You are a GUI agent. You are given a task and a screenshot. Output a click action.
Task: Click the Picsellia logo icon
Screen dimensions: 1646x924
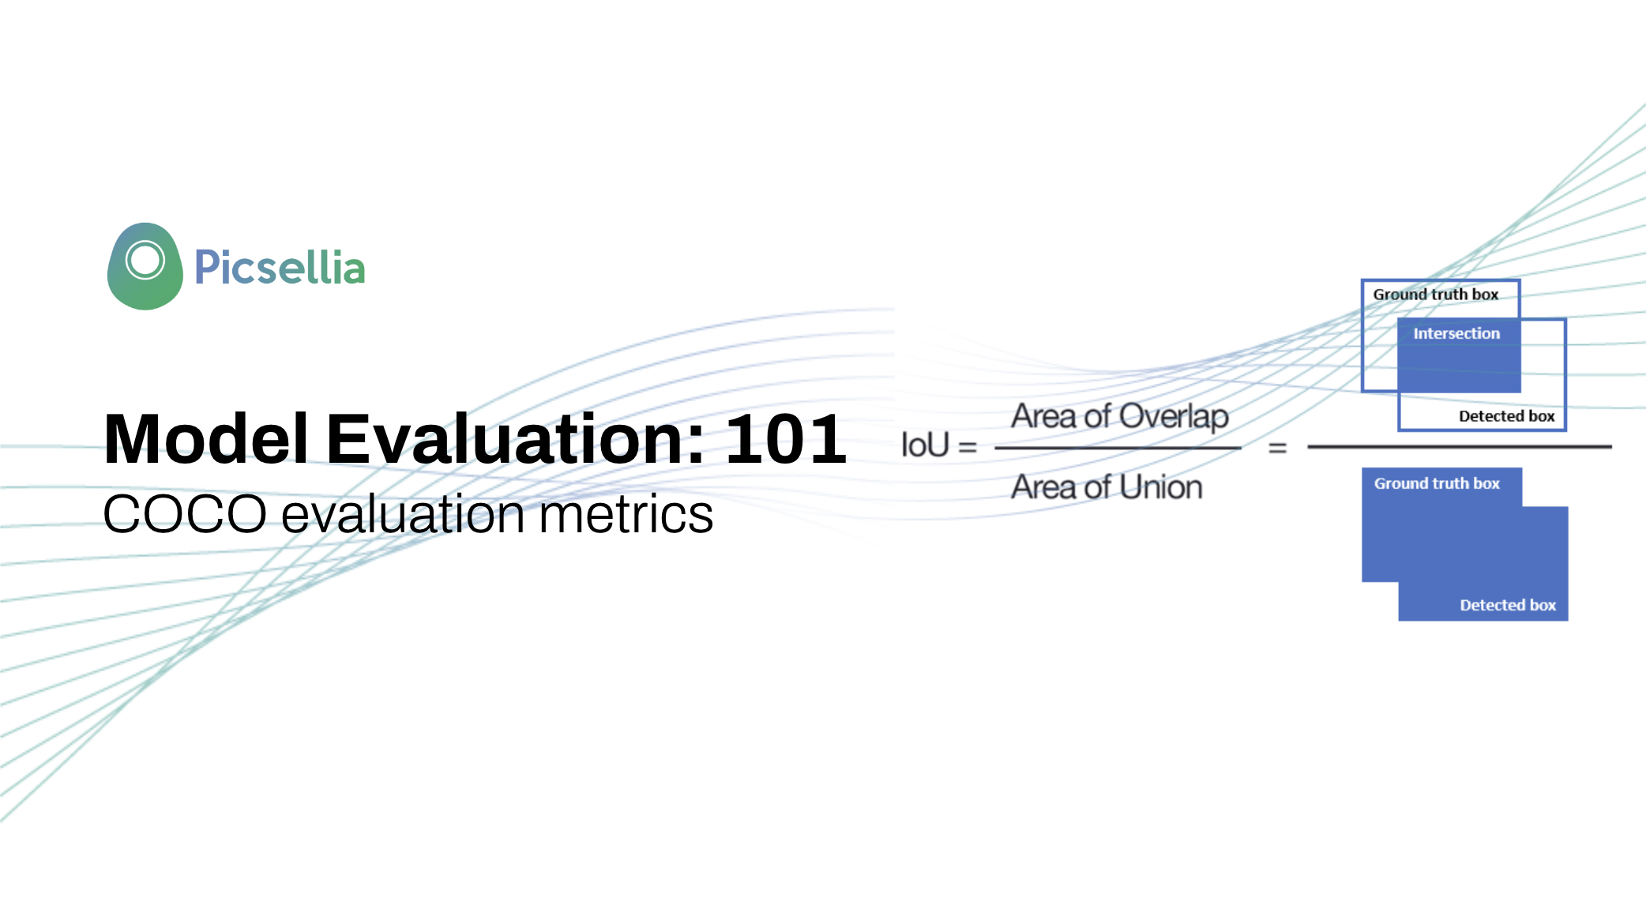coord(145,266)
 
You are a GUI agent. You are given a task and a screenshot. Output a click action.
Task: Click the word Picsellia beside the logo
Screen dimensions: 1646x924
coord(280,267)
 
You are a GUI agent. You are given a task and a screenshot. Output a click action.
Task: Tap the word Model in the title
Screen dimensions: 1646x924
coord(206,439)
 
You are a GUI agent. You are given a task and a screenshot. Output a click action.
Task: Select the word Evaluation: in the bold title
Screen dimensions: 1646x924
coord(515,439)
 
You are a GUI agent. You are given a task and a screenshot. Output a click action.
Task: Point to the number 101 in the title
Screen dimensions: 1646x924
coord(785,439)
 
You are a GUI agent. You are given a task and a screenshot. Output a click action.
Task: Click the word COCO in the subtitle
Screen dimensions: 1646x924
coord(185,514)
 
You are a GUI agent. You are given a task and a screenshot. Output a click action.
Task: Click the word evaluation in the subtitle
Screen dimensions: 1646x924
coord(403,514)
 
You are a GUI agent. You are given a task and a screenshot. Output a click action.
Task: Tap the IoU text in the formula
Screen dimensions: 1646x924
coord(925,445)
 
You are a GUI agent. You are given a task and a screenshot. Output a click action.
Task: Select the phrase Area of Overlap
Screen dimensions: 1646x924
coord(1120,416)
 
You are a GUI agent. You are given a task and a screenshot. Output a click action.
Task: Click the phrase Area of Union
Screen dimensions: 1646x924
coord(1107,487)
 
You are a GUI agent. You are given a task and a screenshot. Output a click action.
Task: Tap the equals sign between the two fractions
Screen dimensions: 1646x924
coord(1277,448)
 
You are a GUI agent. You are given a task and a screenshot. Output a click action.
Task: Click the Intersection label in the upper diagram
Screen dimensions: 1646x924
coord(1456,333)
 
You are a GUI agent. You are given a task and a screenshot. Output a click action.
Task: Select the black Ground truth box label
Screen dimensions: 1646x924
coord(1435,295)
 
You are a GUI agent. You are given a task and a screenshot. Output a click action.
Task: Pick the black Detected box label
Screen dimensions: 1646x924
coord(1506,416)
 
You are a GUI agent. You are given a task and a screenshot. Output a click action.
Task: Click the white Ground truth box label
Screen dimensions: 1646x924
coord(1437,483)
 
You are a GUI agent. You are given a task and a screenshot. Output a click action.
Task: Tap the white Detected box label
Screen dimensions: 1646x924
coord(1508,605)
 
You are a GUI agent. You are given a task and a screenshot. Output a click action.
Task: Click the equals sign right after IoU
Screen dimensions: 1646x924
coord(968,448)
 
